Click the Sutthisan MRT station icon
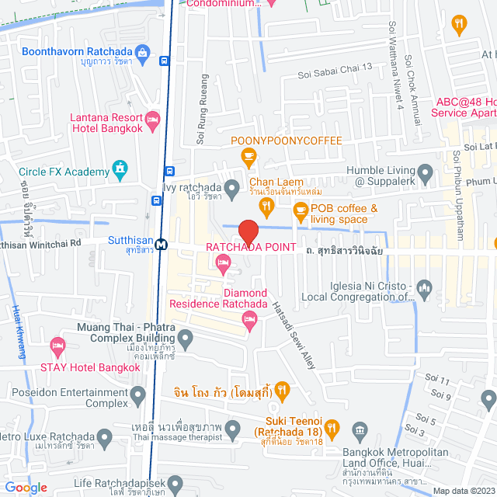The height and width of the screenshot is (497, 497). click(161, 244)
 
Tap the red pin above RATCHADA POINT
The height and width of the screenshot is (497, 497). click(248, 231)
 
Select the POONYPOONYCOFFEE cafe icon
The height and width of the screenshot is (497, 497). click(248, 158)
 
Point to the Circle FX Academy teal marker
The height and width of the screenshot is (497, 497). click(120, 168)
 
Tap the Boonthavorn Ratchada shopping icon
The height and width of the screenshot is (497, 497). click(141, 52)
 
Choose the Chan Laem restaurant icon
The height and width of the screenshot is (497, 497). click(266, 205)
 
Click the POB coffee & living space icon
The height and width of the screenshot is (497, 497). click(299, 210)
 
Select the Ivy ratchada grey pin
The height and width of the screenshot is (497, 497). click(231, 186)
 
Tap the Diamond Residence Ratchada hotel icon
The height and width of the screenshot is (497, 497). click(249, 319)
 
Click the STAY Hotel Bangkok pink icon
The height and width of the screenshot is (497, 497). click(57, 345)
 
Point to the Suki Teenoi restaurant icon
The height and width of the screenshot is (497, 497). click(332, 426)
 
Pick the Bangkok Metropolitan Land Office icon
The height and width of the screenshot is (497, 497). click(359, 429)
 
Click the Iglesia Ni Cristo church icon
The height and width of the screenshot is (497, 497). click(423, 289)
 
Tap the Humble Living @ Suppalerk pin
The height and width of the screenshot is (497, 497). click(425, 171)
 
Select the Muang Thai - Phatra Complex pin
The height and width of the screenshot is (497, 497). click(185, 338)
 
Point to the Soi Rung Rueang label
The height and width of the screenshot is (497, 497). click(204, 109)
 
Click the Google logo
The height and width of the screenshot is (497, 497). click(26, 487)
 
